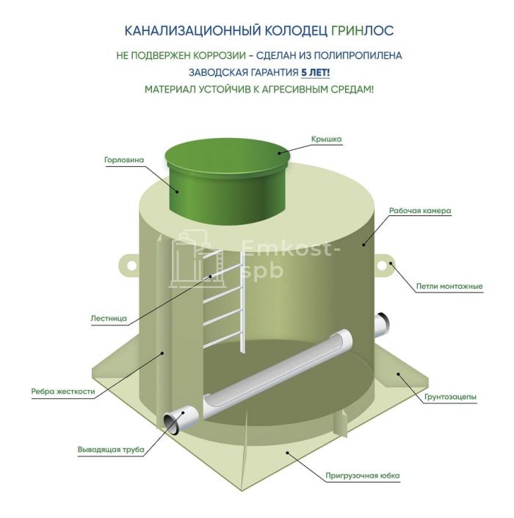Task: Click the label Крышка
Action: click(326, 139)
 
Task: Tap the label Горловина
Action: click(124, 160)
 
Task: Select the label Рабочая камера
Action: click(420, 210)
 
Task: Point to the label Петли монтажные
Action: click(449, 286)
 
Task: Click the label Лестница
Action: click(109, 318)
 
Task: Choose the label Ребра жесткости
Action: click(63, 392)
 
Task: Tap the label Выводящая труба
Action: click(111, 449)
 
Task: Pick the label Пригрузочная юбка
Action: click(363, 475)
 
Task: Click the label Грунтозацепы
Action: click(450, 397)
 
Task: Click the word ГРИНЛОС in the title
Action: click(362, 31)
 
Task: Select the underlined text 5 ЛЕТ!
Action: click(315, 72)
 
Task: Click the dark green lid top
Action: click(228, 156)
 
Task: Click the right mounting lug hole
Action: click(382, 265)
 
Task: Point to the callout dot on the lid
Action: click(279, 153)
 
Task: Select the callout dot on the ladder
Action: click(209, 277)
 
